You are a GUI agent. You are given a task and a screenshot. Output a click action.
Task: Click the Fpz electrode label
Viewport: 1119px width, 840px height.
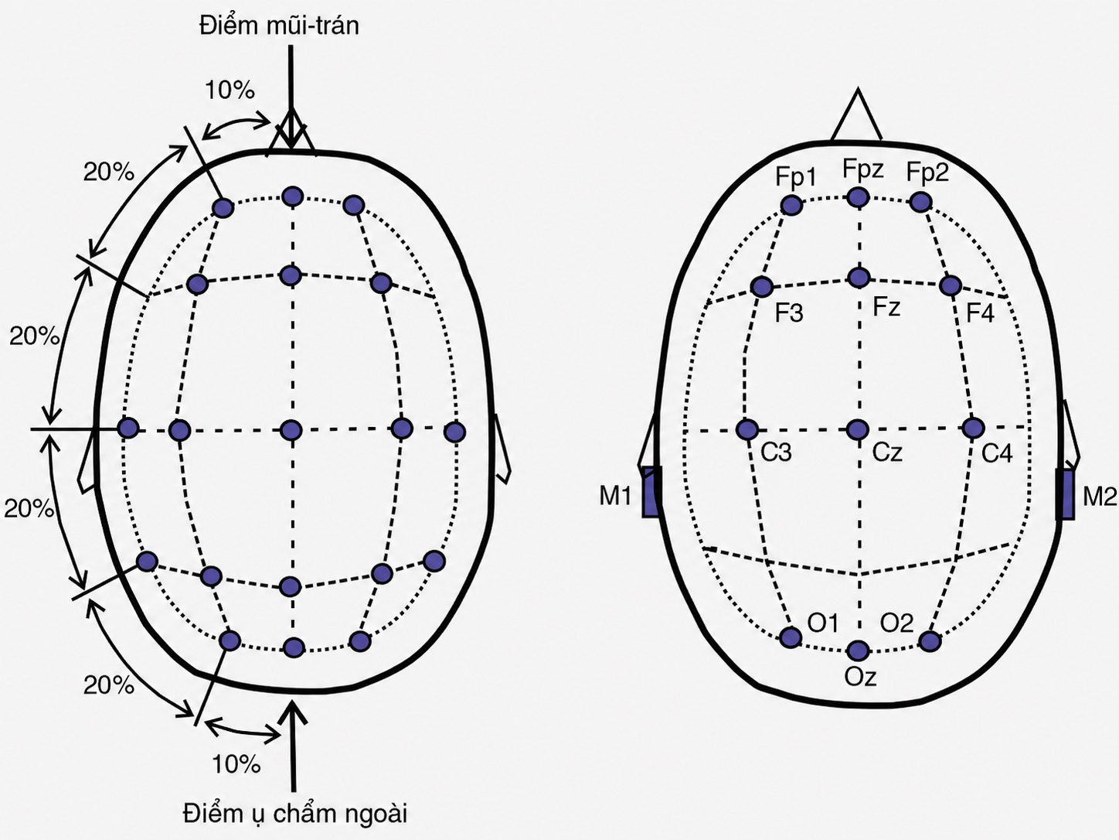(x=862, y=169)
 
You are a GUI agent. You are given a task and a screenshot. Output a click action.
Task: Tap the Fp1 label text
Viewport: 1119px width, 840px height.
(x=796, y=177)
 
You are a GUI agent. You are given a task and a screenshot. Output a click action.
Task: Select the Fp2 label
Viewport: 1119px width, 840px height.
(x=927, y=173)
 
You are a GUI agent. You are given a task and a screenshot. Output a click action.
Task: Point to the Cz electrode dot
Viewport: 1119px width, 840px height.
(x=858, y=430)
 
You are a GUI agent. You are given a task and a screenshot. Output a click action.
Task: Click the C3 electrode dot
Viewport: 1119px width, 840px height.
(x=747, y=429)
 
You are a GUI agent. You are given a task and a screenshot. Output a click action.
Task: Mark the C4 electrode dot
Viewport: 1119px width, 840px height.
(x=973, y=428)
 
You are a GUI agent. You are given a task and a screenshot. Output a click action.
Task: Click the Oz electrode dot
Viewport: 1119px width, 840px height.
(x=858, y=650)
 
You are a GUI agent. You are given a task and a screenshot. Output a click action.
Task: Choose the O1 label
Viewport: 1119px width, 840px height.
(x=823, y=623)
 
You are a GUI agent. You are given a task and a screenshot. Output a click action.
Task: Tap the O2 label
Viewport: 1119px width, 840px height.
(x=897, y=623)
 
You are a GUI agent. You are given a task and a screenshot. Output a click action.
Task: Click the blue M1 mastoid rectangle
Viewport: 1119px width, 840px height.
(x=651, y=492)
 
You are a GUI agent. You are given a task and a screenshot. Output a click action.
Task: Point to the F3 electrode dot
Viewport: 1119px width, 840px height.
(x=762, y=287)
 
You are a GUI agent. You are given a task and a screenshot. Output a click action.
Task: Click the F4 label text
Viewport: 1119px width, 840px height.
(x=980, y=312)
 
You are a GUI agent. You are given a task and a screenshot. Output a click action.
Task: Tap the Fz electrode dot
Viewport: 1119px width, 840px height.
(x=859, y=278)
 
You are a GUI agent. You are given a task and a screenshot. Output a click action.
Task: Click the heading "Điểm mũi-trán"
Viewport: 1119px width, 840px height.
(x=280, y=25)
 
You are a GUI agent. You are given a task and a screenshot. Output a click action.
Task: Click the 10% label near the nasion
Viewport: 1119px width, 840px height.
(x=230, y=90)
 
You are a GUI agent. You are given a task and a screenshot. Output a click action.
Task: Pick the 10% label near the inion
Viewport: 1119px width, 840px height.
(x=236, y=764)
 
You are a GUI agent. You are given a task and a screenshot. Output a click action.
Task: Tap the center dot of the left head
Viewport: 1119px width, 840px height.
(x=291, y=430)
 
